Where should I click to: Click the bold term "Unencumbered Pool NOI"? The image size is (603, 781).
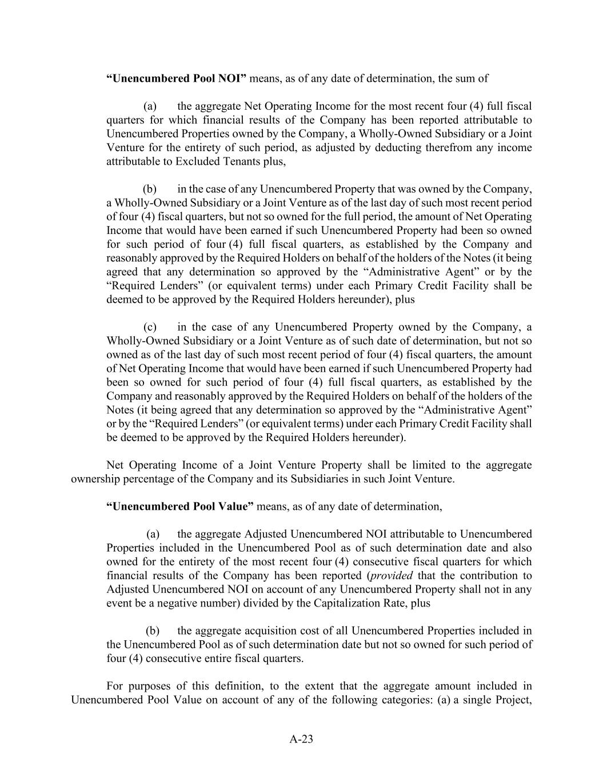click(176, 78)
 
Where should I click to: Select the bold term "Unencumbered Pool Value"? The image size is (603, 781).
click(180, 506)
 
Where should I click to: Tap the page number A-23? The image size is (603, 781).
click(301, 739)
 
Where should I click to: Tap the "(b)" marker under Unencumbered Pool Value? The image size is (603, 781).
click(153, 631)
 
